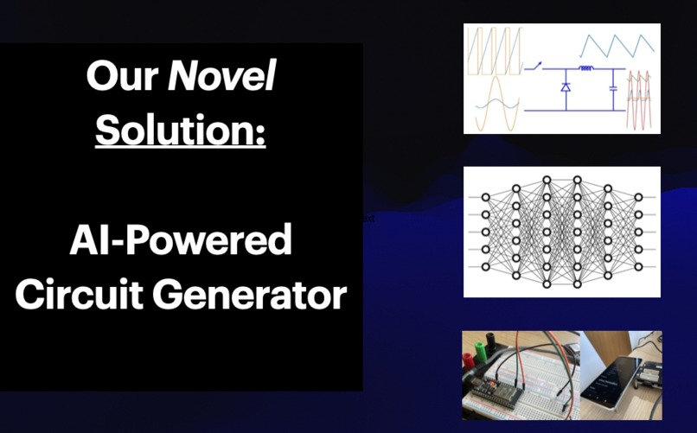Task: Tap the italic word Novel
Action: [221, 80]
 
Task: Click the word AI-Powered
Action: [180, 241]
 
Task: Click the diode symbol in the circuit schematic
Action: [566, 87]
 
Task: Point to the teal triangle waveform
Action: [617, 44]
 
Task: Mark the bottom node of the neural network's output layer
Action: [638, 266]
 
